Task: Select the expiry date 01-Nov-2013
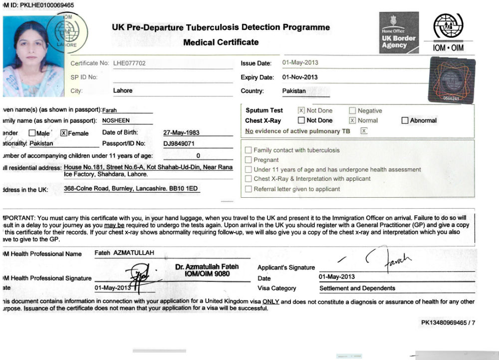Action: click(300, 77)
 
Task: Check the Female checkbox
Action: click(64, 133)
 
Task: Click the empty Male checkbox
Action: click(32, 133)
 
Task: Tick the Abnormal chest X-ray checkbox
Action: click(405, 120)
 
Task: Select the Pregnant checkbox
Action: click(249, 160)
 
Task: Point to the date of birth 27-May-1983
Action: click(181, 133)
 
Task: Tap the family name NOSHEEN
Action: click(115, 120)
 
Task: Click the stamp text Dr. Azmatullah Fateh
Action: click(207, 267)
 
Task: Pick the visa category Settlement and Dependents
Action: click(357, 288)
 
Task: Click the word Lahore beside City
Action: click(123, 91)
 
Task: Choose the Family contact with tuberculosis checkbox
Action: click(249, 150)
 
